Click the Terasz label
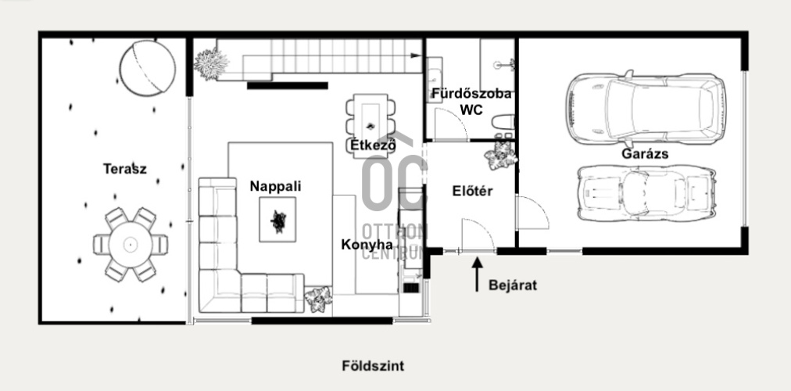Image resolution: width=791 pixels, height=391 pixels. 124,168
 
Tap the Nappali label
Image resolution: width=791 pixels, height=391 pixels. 275,187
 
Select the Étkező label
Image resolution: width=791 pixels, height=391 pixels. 374,145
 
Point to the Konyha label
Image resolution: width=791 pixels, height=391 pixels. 367,246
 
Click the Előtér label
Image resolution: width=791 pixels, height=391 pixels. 472,192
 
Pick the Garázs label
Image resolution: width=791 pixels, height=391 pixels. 645,154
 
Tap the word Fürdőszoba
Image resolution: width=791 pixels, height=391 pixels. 471,94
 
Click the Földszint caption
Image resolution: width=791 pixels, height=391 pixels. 373,366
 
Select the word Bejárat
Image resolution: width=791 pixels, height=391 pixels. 513,285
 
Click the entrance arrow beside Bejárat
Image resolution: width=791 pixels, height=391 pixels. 478,274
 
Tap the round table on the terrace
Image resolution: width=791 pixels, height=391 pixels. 131,245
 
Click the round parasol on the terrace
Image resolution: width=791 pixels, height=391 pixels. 147,68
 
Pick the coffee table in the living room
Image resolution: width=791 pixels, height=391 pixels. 277,220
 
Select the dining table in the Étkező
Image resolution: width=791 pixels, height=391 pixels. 370,124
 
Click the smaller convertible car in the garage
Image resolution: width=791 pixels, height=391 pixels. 646,193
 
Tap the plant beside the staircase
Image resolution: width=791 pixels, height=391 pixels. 211,64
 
